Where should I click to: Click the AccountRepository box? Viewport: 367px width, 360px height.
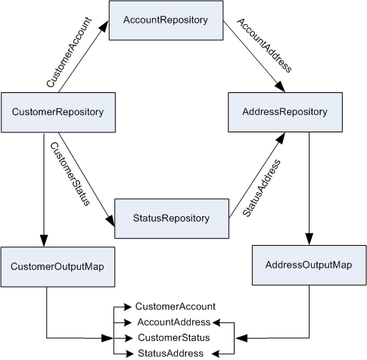pyautogui.click(x=166, y=20)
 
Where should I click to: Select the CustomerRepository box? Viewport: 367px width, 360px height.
pyautogui.click(x=58, y=113)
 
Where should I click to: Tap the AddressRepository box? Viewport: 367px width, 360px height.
pyautogui.click(x=285, y=112)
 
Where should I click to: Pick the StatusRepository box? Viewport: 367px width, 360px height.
pyautogui.click(x=172, y=219)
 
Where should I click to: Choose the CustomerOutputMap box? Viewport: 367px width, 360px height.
pyautogui.click(x=58, y=267)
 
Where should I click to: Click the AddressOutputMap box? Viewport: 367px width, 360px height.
pyautogui.click(x=309, y=265)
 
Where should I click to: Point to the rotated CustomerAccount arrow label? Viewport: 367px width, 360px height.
pyautogui.click(x=69, y=52)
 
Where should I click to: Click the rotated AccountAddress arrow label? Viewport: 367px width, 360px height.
pyautogui.click(x=264, y=45)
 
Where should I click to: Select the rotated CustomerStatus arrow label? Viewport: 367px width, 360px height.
pyautogui.click(x=70, y=174)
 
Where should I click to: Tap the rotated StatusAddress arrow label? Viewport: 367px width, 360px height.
pyautogui.click(x=262, y=188)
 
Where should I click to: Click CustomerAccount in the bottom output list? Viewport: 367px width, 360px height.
pyautogui.click(x=176, y=306)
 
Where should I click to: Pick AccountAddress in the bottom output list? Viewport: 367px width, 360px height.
pyautogui.click(x=174, y=322)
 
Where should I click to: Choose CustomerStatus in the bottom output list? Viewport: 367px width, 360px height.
pyautogui.click(x=174, y=338)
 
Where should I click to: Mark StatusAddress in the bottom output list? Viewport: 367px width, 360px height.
pyautogui.click(x=170, y=353)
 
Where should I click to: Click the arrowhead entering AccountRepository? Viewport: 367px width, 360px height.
pyautogui.click(x=104, y=26)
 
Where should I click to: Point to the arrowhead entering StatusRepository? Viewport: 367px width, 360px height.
pyautogui.click(x=110, y=220)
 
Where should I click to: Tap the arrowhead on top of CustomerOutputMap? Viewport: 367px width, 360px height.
pyautogui.click(x=44, y=241)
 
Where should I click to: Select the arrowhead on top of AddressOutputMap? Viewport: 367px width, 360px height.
pyautogui.click(x=309, y=239)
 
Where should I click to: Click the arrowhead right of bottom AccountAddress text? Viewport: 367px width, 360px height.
pyautogui.click(x=216, y=322)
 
